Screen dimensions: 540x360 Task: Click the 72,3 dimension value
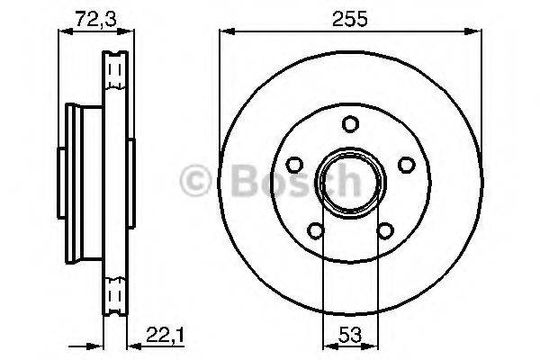click(96, 19)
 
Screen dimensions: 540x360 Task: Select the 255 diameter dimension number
click(350, 19)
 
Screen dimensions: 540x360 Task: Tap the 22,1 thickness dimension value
click(166, 335)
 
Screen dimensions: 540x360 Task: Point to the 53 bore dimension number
click(350, 335)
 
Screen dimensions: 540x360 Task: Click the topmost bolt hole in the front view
click(351, 124)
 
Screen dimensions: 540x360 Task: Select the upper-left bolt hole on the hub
click(294, 165)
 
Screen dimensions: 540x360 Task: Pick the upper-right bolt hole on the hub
click(407, 165)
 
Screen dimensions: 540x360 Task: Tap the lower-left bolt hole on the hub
click(316, 230)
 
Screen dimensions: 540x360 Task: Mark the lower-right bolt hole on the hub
click(385, 230)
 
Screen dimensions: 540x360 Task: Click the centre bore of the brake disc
click(351, 183)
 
